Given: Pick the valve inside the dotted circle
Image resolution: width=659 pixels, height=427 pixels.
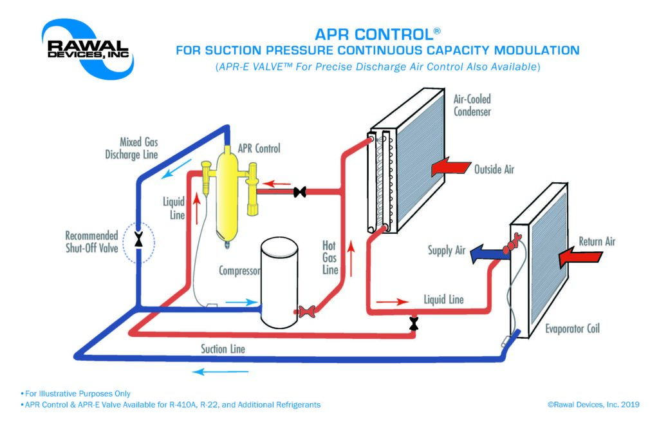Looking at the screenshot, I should (x=138, y=242).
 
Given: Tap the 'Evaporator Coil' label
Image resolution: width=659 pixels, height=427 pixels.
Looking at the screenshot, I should (x=571, y=329).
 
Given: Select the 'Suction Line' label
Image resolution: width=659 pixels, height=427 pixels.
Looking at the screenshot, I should (x=223, y=349).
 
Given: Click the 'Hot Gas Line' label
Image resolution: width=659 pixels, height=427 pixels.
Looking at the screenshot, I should (x=329, y=258).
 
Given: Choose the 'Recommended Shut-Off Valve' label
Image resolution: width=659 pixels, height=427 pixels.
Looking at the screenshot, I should (x=91, y=242).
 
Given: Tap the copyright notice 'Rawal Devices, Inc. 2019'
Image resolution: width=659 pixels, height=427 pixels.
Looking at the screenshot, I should (x=593, y=404).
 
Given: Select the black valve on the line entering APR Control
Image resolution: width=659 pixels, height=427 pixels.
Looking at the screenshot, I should (x=299, y=192).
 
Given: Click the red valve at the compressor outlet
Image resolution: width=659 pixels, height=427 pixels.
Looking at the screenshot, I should (x=306, y=312).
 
